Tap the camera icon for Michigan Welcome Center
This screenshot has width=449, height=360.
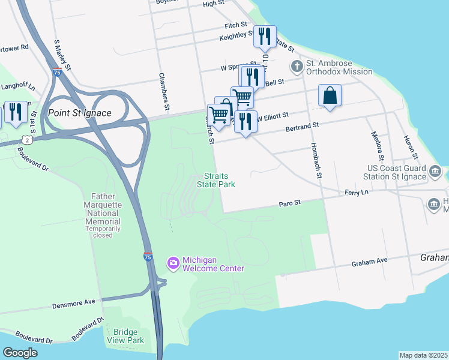click(173, 263)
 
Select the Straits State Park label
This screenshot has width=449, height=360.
click(215, 180)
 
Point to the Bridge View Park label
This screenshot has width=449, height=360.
click(125, 336)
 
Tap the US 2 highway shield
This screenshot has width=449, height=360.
click(28, 140)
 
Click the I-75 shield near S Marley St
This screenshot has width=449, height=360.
click(56, 72)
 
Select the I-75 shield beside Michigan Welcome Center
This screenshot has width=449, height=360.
click(148, 257)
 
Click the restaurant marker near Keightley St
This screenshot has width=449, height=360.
click(264, 37)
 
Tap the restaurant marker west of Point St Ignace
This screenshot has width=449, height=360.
click(16, 112)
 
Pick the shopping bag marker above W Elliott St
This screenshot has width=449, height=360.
click(330, 95)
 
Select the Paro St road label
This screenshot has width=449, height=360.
click(289, 204)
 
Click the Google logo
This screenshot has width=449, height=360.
click(20, 353)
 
